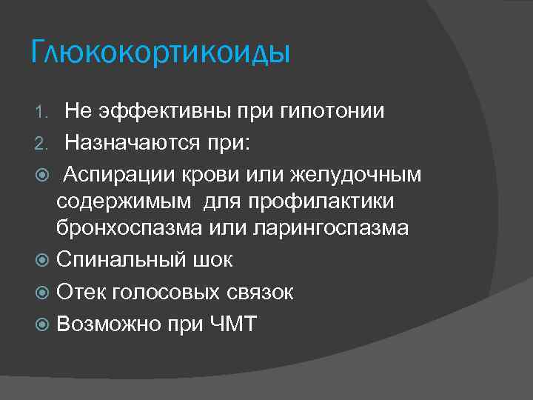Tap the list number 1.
click(41, 113)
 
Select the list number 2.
click(41, 143)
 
